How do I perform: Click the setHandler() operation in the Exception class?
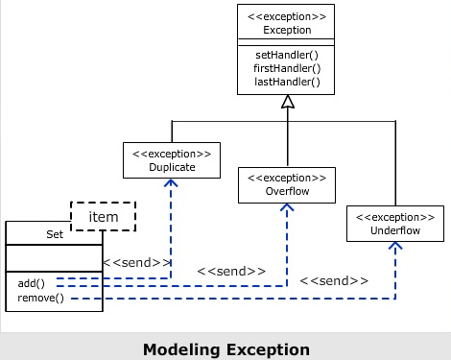pos(287,55)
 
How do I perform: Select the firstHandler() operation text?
pos(287,68)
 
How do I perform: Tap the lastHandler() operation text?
pos(287,82)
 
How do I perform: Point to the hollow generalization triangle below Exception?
pos(287,101)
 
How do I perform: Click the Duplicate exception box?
pos(172,159)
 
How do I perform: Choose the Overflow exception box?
pos(287,183)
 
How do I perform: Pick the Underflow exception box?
pos(395,224)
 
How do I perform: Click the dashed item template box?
pos(104,217)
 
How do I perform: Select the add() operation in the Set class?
pos(32,283)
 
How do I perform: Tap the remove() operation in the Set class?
pos(40,298)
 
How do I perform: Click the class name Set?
pos(54,233)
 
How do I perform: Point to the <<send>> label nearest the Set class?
pos(136,262)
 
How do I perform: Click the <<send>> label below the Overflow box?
pos(231,272)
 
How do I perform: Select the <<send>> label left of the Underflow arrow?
pos(334,281)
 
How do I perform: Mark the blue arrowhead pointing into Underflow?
pos(395,246)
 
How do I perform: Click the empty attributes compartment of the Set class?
pos(54,257)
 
